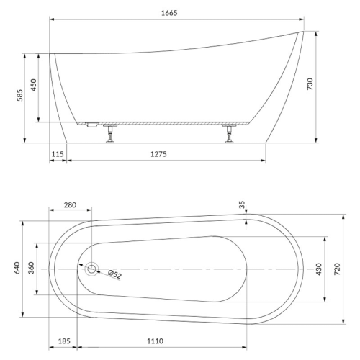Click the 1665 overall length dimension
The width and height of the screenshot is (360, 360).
coord(169,13)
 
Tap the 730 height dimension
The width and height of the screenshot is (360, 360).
coord(310,84)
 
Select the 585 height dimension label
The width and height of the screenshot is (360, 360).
coord(20,95)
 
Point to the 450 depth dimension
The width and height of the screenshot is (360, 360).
coord(34,85)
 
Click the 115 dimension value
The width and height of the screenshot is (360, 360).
coord(58,154)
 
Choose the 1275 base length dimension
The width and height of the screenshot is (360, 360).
coord(158,154)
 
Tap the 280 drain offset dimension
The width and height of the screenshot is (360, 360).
coord(70,205)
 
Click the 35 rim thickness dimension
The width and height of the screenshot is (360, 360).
coord(242,204)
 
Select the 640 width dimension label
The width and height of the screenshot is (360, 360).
coord(17,268)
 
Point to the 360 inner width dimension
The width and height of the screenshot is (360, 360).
coord(31,268)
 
